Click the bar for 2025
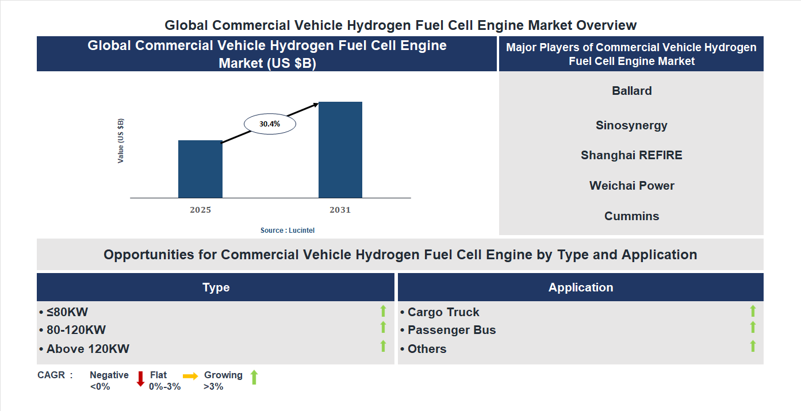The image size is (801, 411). (x=200, y=169)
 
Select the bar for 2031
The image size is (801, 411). (x=340, y=150)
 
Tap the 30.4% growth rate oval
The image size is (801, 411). (x=270, y=124)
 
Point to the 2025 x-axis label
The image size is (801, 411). (x=200, y=210)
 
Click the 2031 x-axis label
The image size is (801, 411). (x=340, y=210)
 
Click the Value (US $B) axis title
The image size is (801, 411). (x=121, y=141)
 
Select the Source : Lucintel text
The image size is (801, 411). (x=288, y=230)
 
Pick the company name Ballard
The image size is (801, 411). (x=631, y=91)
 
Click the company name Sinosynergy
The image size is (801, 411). (x=631, y=125)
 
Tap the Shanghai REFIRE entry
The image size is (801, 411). (x=631, y=155)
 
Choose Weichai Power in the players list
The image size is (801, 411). (x=631, y=186)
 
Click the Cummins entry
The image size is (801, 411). (x=631, y=216)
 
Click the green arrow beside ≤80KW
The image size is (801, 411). (x=383, y=311)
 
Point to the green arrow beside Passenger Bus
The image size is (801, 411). (x=753, y=327)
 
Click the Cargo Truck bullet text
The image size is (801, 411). (x=443, y=312)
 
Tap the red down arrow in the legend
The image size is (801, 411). (x=140, y=379)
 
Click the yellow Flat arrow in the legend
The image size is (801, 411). (x=190, y=376)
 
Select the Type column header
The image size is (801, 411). (x=216, y=287)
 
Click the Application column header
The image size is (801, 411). (x=580, y=287)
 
